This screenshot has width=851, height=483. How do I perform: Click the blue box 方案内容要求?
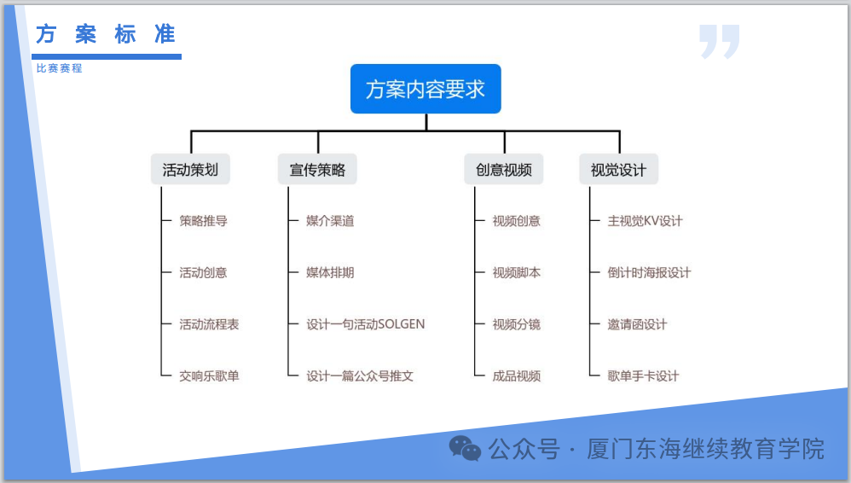tap(425, 89)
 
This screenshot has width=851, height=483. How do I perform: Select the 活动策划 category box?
tap(190, 169)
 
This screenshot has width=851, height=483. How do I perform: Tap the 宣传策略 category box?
tap(317, 169)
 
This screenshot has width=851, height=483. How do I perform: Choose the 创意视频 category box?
tap(503, 169)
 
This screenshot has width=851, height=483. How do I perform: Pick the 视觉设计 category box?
tap(619, 169)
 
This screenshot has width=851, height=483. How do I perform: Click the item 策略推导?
tap(203, 221)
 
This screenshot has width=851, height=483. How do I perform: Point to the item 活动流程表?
tap(209, 324)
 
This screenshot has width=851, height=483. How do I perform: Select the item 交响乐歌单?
tap(209, 375)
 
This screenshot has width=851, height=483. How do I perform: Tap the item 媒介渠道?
tap(330, 221)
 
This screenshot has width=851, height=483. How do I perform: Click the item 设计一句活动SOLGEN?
tap(365, 324)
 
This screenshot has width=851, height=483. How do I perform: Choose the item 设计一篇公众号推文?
tap(360, 375)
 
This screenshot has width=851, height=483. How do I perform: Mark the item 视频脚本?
tap(516, 273)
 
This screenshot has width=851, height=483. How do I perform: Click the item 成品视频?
tap(516, 375)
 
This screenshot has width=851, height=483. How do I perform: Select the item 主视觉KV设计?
tap(645, 221)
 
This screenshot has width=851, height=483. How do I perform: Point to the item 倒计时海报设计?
tap(649, 273)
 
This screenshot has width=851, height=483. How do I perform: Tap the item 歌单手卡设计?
tap(643, 375)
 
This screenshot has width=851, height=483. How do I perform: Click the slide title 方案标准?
tap(106, 35)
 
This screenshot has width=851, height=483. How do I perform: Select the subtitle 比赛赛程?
tap(59, 68)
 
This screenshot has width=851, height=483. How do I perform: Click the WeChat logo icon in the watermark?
tap(466, 447)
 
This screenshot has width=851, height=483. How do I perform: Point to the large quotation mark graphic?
tap(719, 41)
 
